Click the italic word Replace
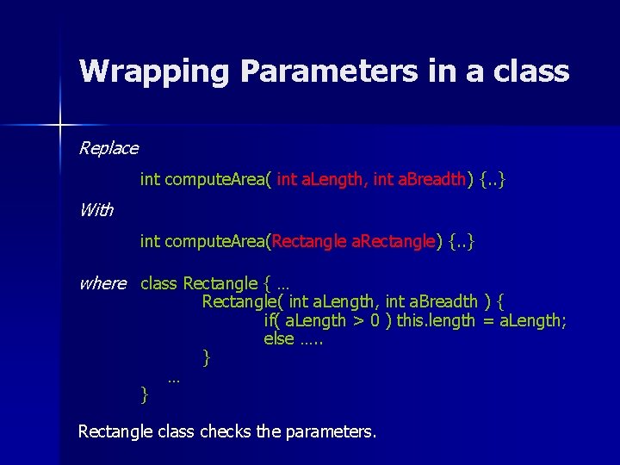point(108,148)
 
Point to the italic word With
point(96,209)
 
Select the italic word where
point(102,283)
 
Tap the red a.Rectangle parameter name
point(394,241)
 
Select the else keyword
point(279,338)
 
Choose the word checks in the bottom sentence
point(226,431)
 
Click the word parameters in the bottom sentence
point(332,431)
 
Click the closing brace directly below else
point(206,356)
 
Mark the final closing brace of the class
point(144,394)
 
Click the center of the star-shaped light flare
point(60,126)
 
